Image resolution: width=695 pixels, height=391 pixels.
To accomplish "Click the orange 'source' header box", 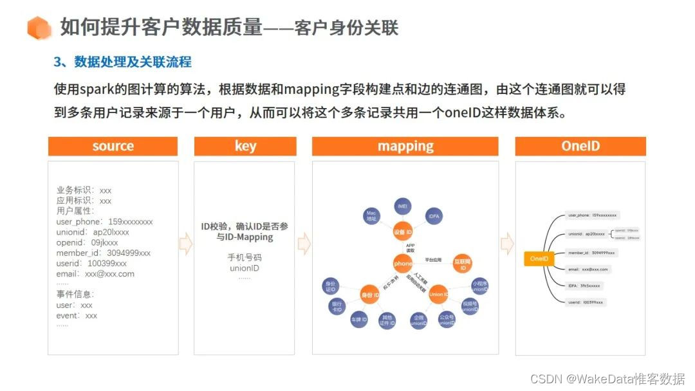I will (x=113, y=146).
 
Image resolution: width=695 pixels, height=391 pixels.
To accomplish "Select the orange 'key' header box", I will (x=245, y=146).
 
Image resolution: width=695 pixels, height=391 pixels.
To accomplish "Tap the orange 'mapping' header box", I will (x=405, y=146).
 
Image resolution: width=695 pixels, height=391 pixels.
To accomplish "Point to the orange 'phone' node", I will (x=403, y=262).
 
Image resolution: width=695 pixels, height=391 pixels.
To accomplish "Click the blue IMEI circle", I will (x=403, y=206).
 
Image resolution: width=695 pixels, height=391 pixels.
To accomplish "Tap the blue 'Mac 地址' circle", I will (x=371, y=215).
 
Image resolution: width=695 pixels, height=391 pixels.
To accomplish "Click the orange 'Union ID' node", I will (x=439, y=294).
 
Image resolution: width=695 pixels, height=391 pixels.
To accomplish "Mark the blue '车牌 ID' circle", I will (x=358, y=319).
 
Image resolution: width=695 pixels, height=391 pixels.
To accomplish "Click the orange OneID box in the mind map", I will (x=539, y=259).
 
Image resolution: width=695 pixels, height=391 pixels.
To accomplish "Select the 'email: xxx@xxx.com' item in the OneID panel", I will (x=588, y=269).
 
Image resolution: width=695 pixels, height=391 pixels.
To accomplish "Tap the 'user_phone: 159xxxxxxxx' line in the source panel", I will (x=105, y=221).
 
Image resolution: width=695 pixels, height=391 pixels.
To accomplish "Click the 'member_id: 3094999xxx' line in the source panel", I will (x=104, y=253).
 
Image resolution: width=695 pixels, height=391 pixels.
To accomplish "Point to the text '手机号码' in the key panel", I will (x=245, y=257).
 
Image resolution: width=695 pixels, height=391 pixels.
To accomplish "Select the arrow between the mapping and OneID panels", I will (x=507, y=244).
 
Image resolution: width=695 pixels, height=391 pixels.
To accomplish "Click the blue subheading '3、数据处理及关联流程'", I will (x=122, y=62).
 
